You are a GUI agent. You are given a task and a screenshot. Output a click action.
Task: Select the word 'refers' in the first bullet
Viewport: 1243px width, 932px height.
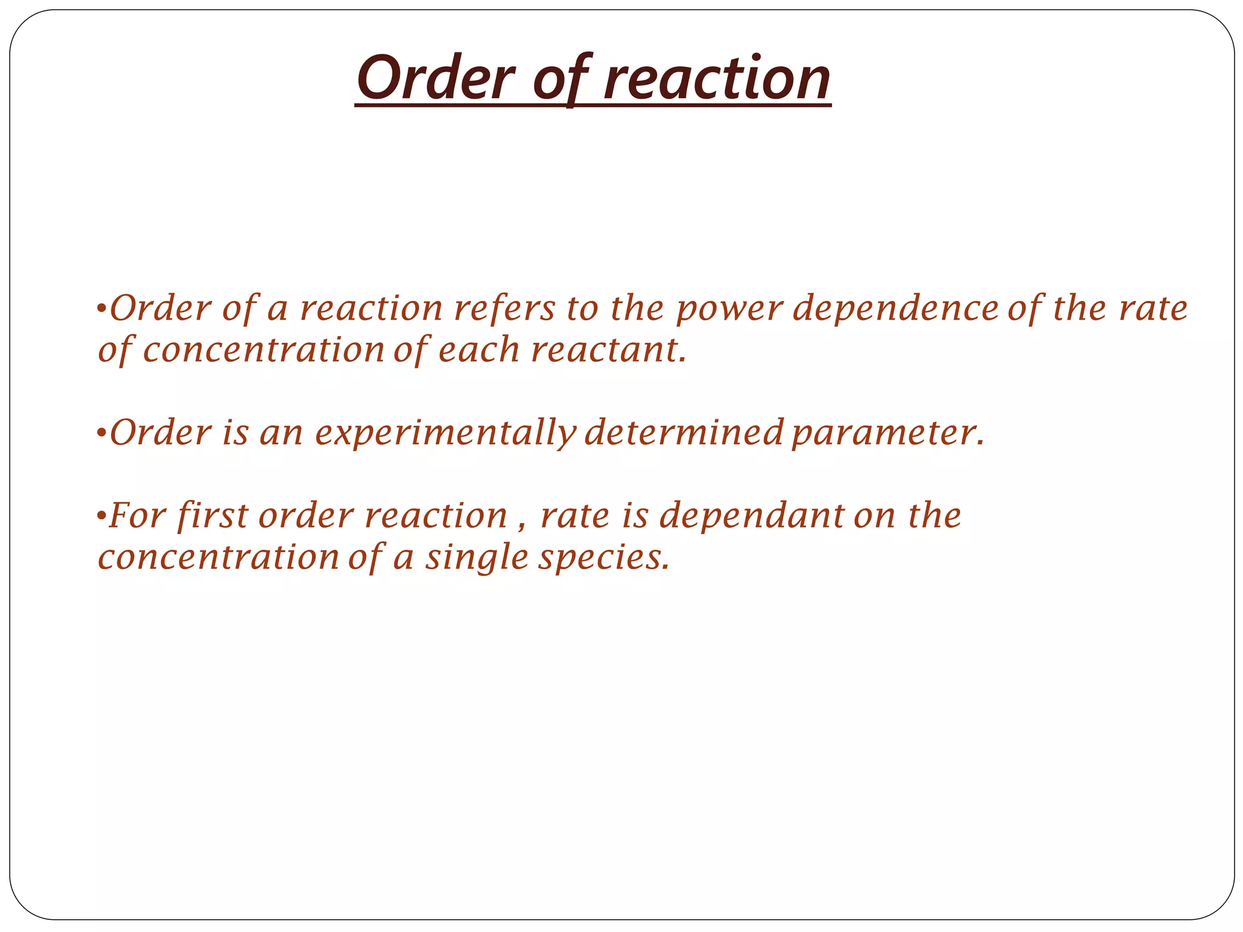pyautogui.click(x=504, y=308)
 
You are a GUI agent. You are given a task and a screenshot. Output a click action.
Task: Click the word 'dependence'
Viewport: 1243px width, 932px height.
pyautogui.click(x=896, y=308)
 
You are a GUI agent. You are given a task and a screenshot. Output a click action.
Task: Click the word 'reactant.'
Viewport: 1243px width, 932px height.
pyautogui.click(x=609, y=351)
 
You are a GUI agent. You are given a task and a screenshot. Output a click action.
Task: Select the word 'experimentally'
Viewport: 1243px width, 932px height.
pyautogui.click(x=445, y=433)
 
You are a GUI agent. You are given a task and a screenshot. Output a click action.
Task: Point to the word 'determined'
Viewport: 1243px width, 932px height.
pyautogui.click(x=684, y=433)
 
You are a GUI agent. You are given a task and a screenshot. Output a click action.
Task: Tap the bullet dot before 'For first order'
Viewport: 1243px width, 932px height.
pyautogui.click(x=101, y=518)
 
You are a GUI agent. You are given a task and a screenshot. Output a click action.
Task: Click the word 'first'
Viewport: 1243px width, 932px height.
pyautogui.click(x=212, y=516)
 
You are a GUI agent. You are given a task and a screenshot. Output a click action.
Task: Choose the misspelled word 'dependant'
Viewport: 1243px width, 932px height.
pyautogui.click(x=751, y=516)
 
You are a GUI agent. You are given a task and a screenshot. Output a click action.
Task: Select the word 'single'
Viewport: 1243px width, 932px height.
pyautogui.click(x=476, y=558)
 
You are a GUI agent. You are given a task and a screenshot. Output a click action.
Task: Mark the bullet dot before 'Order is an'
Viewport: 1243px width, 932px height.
pyautogui.click(x=101, y=434)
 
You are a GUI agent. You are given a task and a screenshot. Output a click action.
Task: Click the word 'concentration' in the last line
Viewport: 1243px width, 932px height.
pyautogui.click(x=218, y=558)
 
